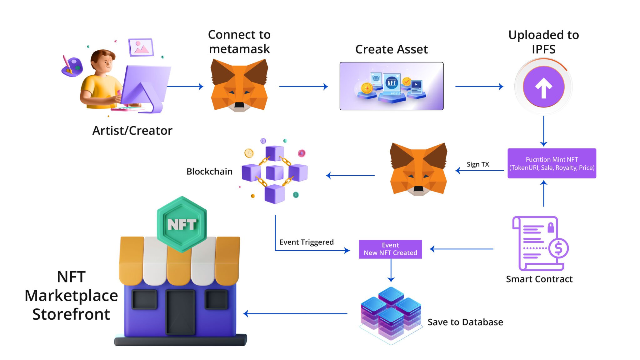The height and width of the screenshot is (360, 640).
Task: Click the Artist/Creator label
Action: tap(132, 131)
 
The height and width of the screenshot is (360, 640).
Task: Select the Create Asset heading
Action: tap(391, 49)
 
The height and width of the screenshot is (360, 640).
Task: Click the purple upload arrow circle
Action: tap(543, 87)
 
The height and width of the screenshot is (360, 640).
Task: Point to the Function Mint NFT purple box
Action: tap(552, 163)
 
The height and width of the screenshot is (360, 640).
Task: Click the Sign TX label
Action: tap(477, 164)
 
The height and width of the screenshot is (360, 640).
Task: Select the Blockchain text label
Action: tap(209, 172)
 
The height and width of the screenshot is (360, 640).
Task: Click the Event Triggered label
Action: tap(306, 242)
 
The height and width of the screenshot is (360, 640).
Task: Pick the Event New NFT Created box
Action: tap(390, 249)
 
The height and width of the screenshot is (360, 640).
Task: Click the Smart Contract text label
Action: tap(539, 279)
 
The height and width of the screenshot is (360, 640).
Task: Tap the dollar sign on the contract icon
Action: tap(558, 248)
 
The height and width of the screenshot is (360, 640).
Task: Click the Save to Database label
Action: tap(465, 322)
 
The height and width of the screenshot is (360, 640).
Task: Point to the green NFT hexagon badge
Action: tap(182, 224)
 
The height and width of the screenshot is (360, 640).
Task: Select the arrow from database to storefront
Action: tap(295, 313)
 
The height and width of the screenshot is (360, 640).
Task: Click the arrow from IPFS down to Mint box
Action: tap(543, 131)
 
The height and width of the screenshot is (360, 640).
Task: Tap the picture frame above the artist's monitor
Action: tap(141, 47)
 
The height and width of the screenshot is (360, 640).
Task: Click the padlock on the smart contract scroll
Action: tap(551, 228)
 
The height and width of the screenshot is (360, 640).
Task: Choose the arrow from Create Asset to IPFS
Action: tap(479, 87)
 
